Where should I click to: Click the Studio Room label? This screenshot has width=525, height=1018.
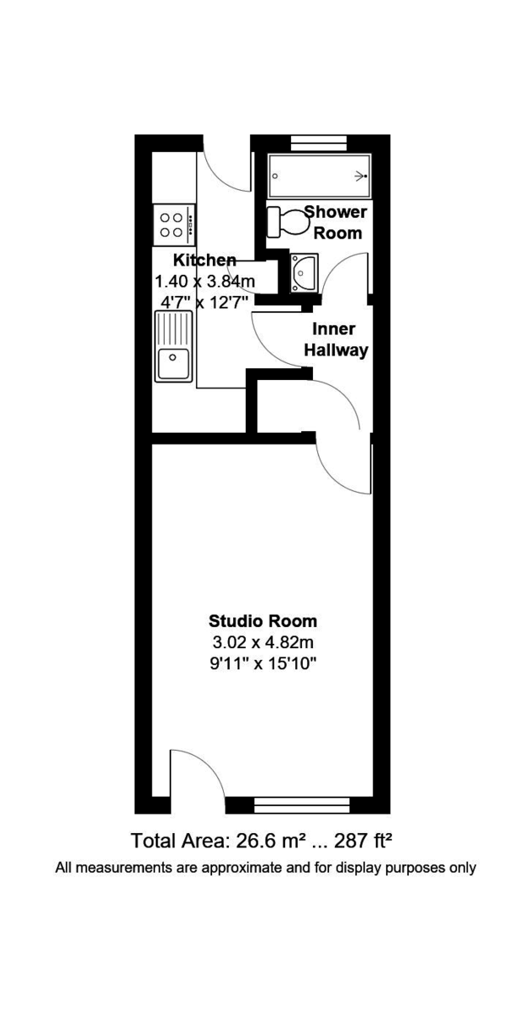263,619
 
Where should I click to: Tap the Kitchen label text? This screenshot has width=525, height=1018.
204,260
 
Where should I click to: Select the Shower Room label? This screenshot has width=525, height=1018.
335,222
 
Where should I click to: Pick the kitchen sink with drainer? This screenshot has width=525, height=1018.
173,346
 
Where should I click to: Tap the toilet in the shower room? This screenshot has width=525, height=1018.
288,222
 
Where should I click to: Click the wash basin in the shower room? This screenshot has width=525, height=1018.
303,271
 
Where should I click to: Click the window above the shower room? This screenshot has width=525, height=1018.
319,142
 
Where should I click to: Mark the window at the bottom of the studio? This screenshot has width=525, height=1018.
302,805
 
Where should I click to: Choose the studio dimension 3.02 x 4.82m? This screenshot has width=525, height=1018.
263,641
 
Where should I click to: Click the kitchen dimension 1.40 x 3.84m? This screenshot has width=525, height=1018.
204,281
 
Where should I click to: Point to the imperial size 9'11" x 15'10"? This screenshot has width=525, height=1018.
263,663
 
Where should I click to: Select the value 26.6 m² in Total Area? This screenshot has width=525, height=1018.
264,841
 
